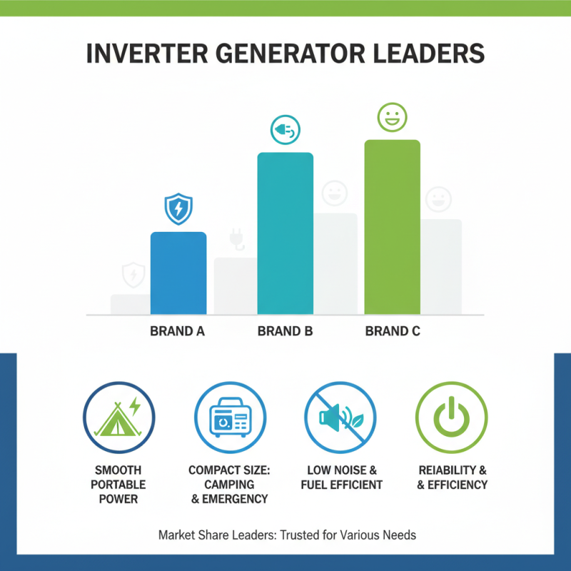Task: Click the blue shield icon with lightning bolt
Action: [x=178, y=208]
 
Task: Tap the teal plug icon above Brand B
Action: [x=285, y=131]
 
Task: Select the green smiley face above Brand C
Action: [x=392, y=116]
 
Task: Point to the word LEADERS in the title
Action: [x=433, y=54]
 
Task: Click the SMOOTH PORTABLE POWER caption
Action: [x=118, y=485]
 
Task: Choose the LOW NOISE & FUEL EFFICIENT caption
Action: [x=340, y=477]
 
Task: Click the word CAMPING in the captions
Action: [x=229, y=485]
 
